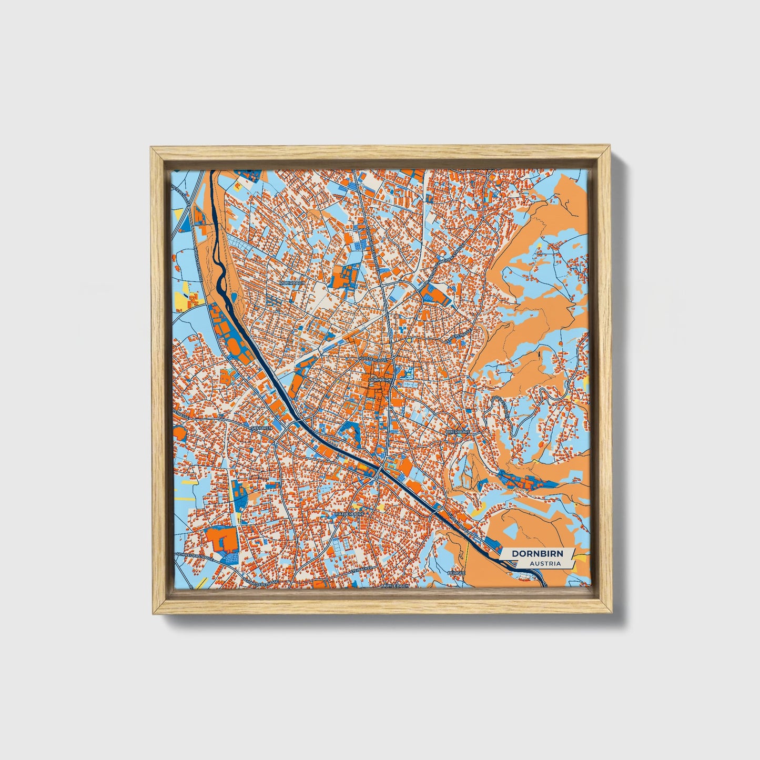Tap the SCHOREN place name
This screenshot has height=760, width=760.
(262, 428)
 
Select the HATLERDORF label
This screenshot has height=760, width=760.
(348, 510)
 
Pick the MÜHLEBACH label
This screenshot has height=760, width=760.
(395, 585)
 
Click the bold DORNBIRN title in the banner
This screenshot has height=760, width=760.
(538, 554)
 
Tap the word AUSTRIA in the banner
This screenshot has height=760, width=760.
(545, 564)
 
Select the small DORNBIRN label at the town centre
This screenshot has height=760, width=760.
(380, 379)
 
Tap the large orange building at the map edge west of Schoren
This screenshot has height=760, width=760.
(179, 434)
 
